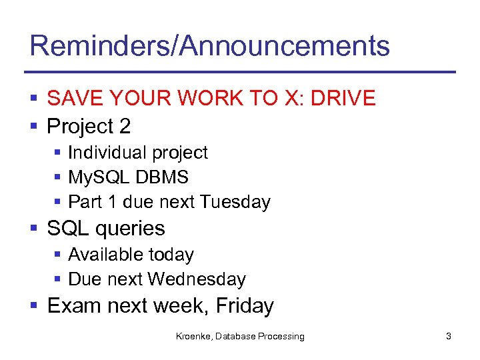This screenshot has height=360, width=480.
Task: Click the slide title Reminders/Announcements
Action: (209, 46)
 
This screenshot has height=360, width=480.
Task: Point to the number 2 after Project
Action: (125, 126)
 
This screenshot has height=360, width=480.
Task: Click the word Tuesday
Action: (235, 202)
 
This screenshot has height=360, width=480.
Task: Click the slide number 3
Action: (449, 337)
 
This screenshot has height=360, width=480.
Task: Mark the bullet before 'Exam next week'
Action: (34, 306)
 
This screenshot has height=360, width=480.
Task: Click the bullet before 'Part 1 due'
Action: (59, 202)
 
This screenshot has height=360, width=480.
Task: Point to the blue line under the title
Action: (240, 72)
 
